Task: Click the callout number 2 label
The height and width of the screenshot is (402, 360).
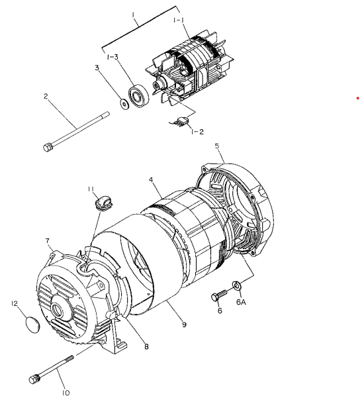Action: pos(46,97)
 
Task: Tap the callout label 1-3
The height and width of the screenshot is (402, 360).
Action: pos(113,57)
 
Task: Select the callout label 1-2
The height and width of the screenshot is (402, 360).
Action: pos(197,132)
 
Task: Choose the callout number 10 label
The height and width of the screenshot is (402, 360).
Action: pos(66,392)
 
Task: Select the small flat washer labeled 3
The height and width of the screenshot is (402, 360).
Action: pos(124,103)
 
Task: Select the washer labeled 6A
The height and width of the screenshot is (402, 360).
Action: pos(236,287)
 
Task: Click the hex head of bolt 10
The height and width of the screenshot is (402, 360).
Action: pos(34,379)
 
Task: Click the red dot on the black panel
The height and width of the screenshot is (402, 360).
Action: pos(357,97)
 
